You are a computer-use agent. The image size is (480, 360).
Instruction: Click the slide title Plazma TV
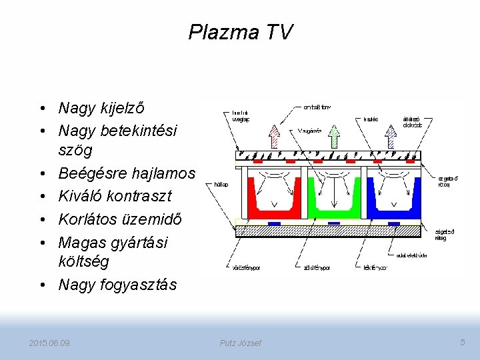point(240,31)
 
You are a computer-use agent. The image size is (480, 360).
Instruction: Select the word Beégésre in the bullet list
point(89,174)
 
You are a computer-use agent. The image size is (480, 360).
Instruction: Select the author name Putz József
point(241,343)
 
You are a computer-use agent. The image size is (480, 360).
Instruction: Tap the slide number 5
point(463,342)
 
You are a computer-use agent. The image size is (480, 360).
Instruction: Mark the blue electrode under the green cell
point(334,223)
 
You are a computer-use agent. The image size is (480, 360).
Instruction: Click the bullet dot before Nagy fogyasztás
point(43,285)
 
